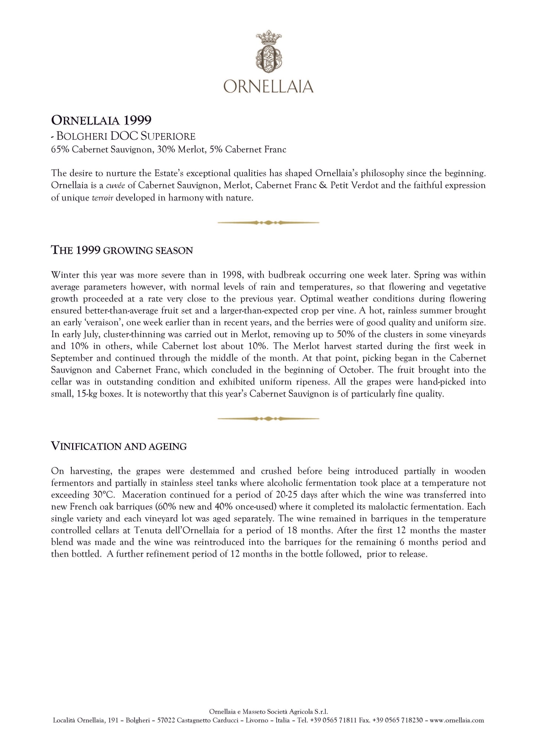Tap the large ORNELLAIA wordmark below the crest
pyautogui.click(x=268, y=86)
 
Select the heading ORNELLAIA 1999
pyautogui.click(x=101, y=120)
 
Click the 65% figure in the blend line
pyautogui.click(x=60, y=150)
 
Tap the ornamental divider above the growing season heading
pyautogui.click(x=268, y=223)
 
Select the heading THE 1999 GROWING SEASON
pyautogui.click(x=122, y=250)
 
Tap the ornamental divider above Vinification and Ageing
pyautogui.click(x=268, y=419)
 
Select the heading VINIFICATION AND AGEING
pyautogui.click(x=119, y=446)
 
